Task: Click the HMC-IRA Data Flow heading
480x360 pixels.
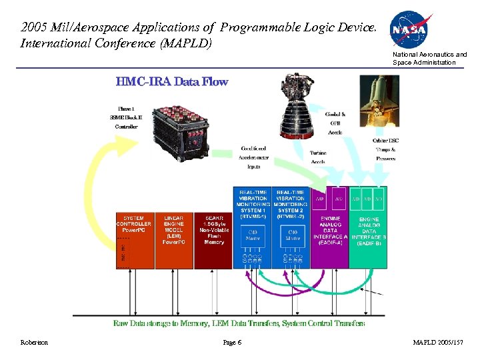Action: [171, 82]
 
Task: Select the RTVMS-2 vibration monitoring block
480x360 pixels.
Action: [291, 227]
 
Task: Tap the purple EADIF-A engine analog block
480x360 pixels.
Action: [329, 227]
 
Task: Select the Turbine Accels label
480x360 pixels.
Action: [318, 157]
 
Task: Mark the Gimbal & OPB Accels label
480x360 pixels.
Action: [335, 123]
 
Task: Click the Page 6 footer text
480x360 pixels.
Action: [232, 343]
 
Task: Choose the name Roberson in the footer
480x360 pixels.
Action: [33, 343]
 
